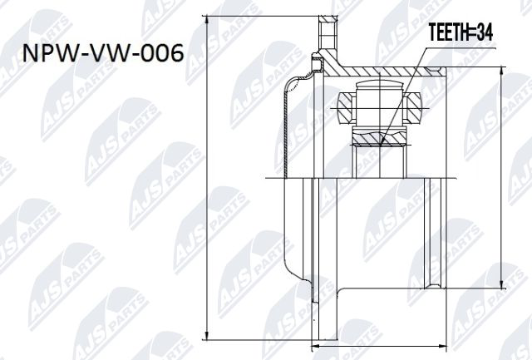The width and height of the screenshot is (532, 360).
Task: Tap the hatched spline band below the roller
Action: (x=379, y=138)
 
